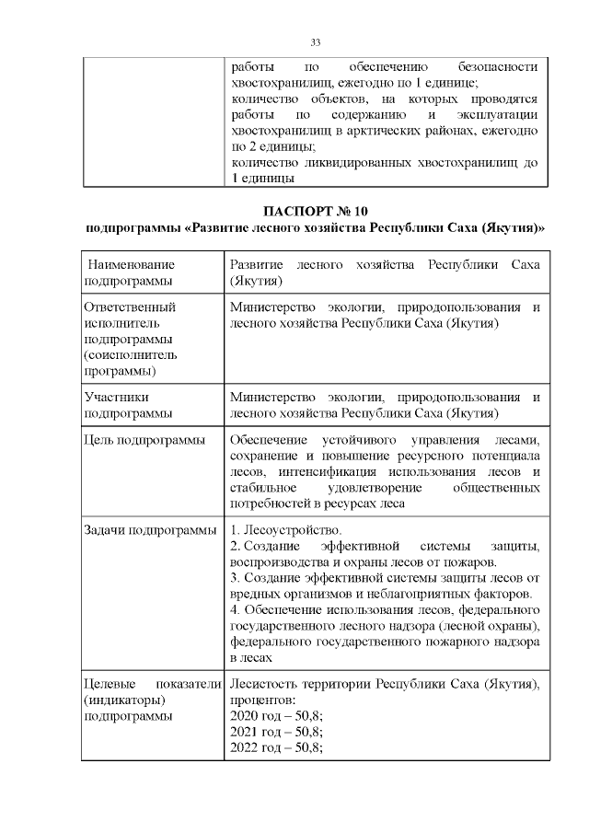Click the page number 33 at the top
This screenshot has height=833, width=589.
[315, 43]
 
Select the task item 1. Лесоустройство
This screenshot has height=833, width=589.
[285, 530]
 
